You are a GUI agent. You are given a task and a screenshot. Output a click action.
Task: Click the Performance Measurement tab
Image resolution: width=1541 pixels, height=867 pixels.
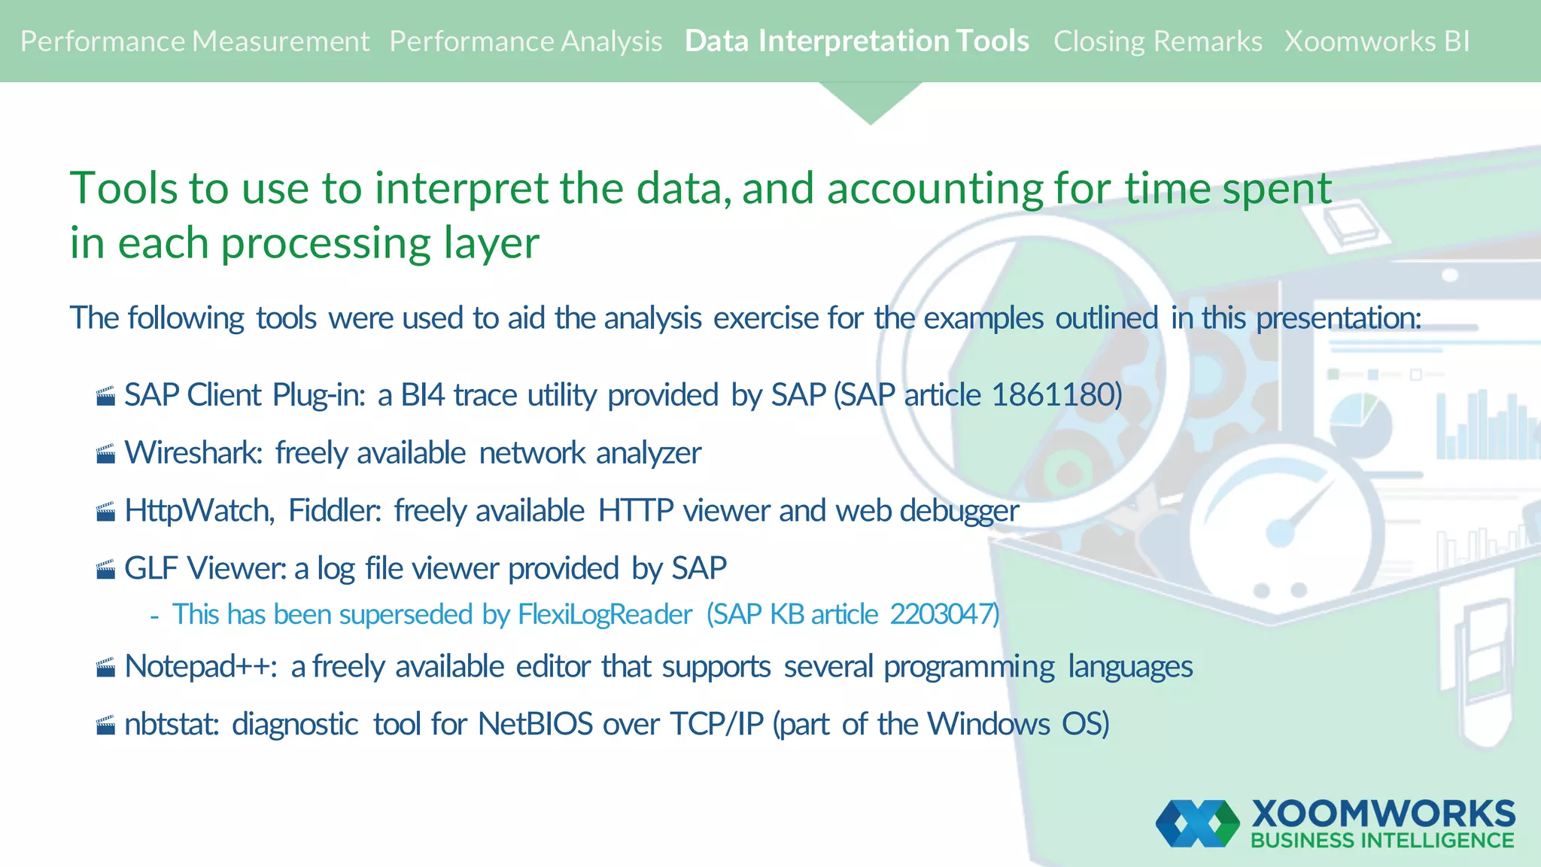coord(194,41)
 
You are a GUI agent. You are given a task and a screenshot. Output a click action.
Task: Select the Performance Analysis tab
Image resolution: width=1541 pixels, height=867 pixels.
coord(525,41)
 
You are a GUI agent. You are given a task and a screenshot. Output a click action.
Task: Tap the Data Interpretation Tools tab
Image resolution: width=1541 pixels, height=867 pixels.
coord(856,41)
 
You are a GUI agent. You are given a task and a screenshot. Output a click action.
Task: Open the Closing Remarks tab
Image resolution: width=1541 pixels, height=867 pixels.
coord(1157,41)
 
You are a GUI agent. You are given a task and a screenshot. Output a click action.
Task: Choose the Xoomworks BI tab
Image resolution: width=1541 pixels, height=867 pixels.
coord(1376,41)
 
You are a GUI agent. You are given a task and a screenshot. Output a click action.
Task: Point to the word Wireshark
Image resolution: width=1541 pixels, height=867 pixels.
coord(193,453)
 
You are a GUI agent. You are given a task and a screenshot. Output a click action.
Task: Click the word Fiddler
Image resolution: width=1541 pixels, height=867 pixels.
coord(334,511)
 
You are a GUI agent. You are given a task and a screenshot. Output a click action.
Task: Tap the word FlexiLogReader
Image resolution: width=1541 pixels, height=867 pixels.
coord(604,615)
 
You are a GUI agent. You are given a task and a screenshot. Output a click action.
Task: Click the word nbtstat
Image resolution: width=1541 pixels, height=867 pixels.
coord(171,725)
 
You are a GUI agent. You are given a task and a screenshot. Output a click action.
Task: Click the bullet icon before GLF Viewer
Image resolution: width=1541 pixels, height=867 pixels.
coord(106,570)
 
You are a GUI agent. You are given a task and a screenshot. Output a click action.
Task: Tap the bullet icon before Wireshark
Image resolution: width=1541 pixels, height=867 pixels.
coord(106,454)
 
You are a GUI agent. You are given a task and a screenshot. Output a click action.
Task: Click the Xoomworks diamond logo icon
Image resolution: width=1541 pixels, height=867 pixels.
coord(1197,823)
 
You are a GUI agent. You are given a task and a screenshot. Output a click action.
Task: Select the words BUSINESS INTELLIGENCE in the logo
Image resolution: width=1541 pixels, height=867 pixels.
coord(1382,841)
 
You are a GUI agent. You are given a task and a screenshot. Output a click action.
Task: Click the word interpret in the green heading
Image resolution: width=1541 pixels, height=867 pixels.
coord(460,188)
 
